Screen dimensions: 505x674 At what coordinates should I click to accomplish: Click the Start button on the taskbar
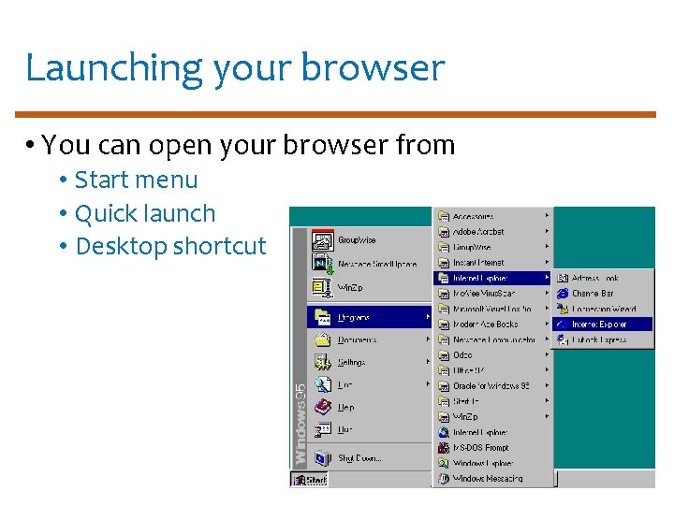310,480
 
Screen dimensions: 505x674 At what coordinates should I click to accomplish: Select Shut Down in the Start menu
359,458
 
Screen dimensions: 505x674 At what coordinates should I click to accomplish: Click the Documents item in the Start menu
357,339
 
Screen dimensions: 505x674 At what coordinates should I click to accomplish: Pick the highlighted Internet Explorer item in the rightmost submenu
599,325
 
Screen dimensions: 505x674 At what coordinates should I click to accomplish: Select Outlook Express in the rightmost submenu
599,339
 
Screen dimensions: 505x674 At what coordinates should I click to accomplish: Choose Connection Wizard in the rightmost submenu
604,309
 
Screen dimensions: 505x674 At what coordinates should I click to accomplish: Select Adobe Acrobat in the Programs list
478,232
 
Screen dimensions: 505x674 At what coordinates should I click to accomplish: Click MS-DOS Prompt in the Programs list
481,448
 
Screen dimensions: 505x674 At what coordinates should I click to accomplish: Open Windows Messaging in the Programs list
488,479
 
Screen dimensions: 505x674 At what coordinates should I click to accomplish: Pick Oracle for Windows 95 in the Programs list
491,386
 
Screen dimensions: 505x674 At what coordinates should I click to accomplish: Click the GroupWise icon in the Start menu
323,240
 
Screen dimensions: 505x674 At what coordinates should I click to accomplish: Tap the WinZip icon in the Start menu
323,286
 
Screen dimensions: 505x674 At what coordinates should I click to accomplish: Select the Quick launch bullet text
145,213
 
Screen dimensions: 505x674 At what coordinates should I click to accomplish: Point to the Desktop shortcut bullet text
170,246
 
